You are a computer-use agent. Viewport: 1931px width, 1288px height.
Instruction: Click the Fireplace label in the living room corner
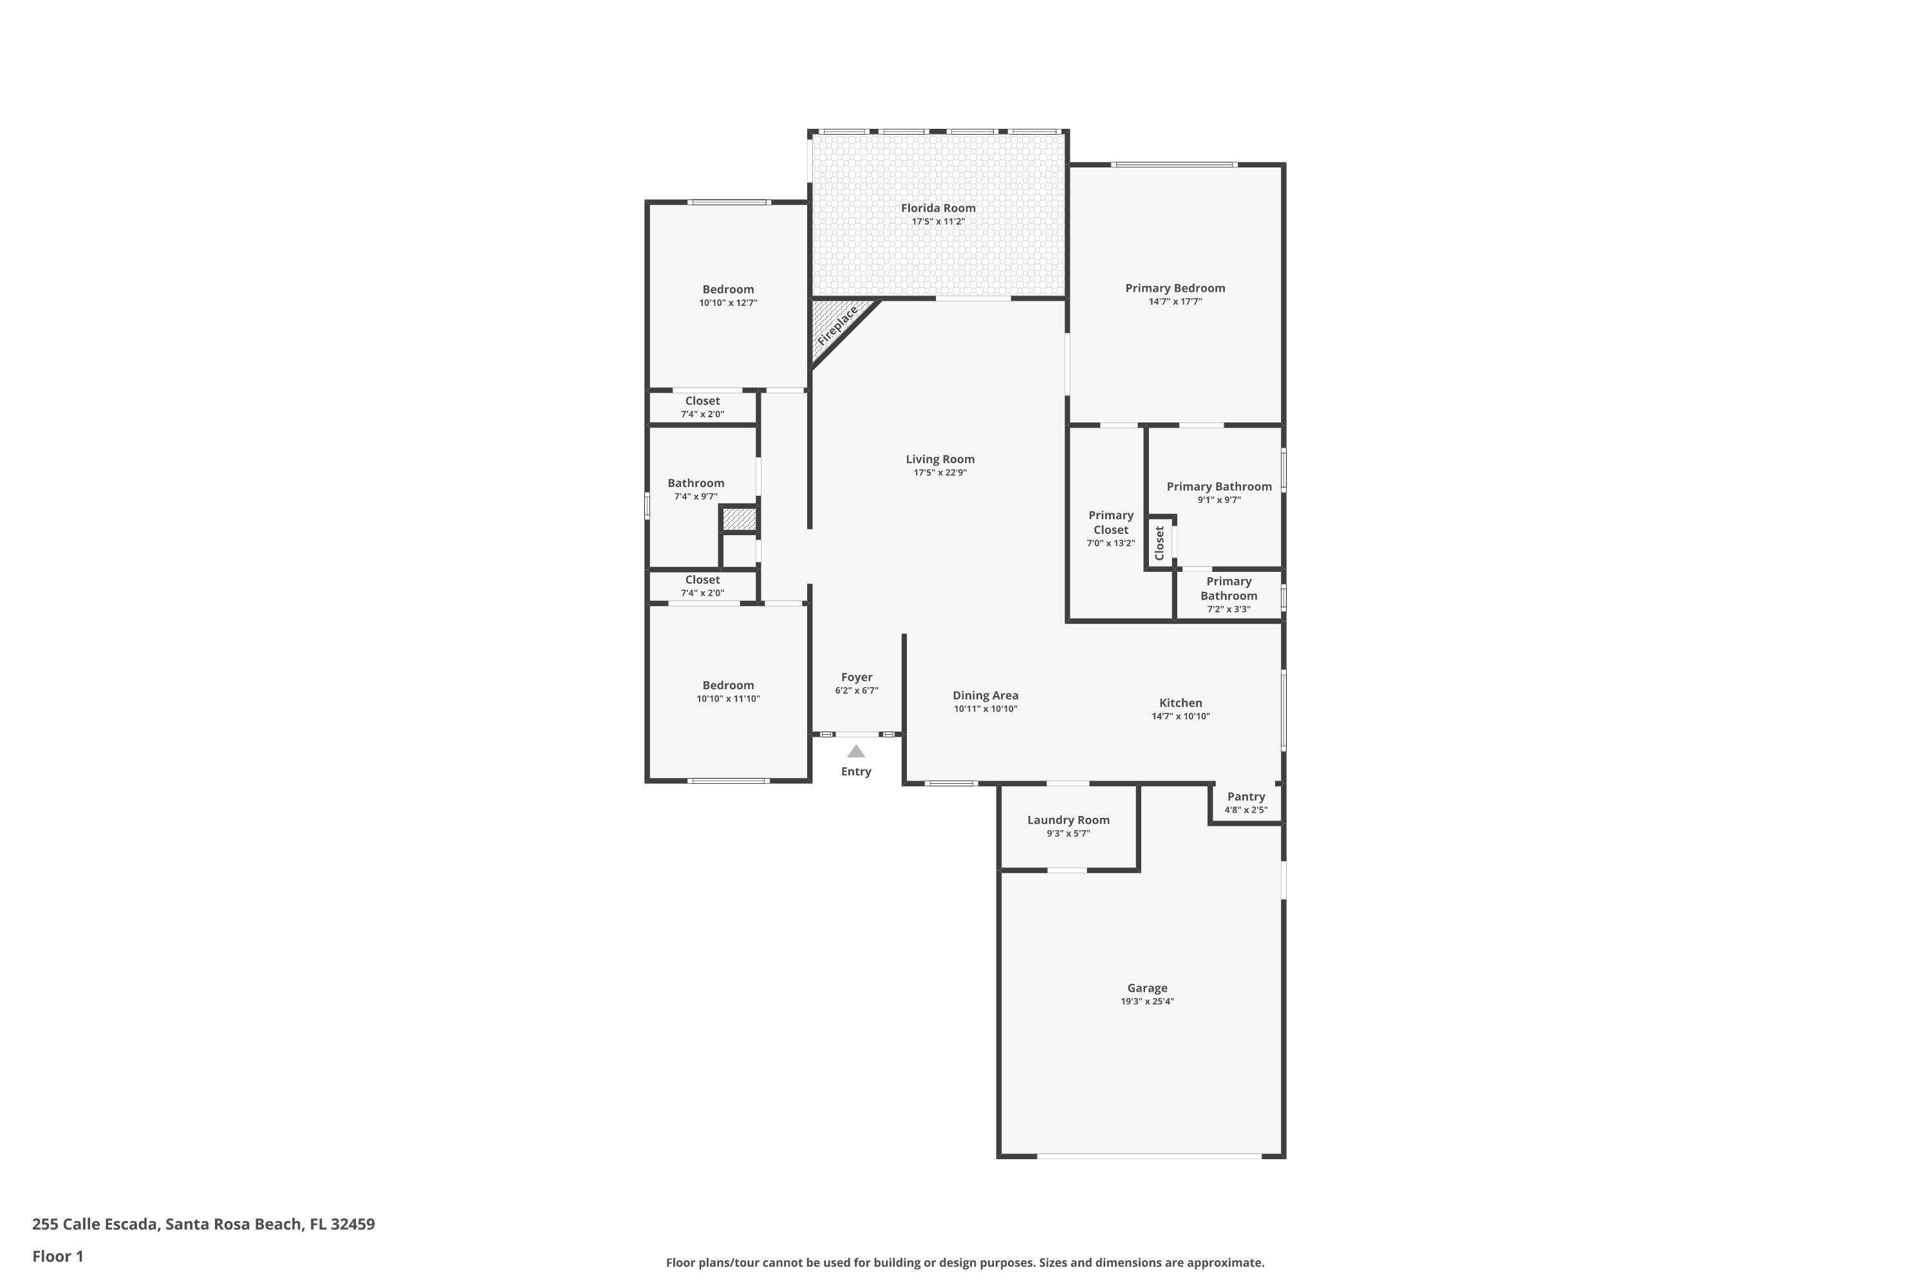[x=837, y=325]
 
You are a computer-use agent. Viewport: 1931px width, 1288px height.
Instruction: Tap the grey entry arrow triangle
[x=855, y=752]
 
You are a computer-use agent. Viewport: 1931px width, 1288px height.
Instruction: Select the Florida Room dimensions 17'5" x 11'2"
[x=938, y=222]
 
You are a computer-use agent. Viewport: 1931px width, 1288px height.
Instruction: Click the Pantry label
[x=1245, y=797]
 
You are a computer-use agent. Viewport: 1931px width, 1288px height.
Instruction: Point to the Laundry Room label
[x=1067, y=820]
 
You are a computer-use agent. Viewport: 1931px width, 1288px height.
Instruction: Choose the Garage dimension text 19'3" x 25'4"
[x=1147, y=1001]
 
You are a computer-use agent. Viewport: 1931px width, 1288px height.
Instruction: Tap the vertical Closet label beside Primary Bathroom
[x=1159, y=543]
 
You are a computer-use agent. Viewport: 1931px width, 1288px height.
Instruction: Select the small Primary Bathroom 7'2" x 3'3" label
[x=1228, y=594]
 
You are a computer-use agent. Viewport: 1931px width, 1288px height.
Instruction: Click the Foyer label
[x=856, y=677]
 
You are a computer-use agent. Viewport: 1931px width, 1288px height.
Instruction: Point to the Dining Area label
[x=985, y=696]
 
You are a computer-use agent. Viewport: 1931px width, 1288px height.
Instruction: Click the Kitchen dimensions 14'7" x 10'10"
[x=1180, y=716]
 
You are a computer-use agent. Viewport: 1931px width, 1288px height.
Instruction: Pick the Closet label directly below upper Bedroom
[x=702, y=402]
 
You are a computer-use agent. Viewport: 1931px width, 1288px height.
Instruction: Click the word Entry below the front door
[x=855, y=772]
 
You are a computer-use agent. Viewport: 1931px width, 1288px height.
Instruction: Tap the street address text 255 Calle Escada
[x=203, y=1224]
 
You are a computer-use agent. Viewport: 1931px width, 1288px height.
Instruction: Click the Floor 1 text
[x=57, y=1256]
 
